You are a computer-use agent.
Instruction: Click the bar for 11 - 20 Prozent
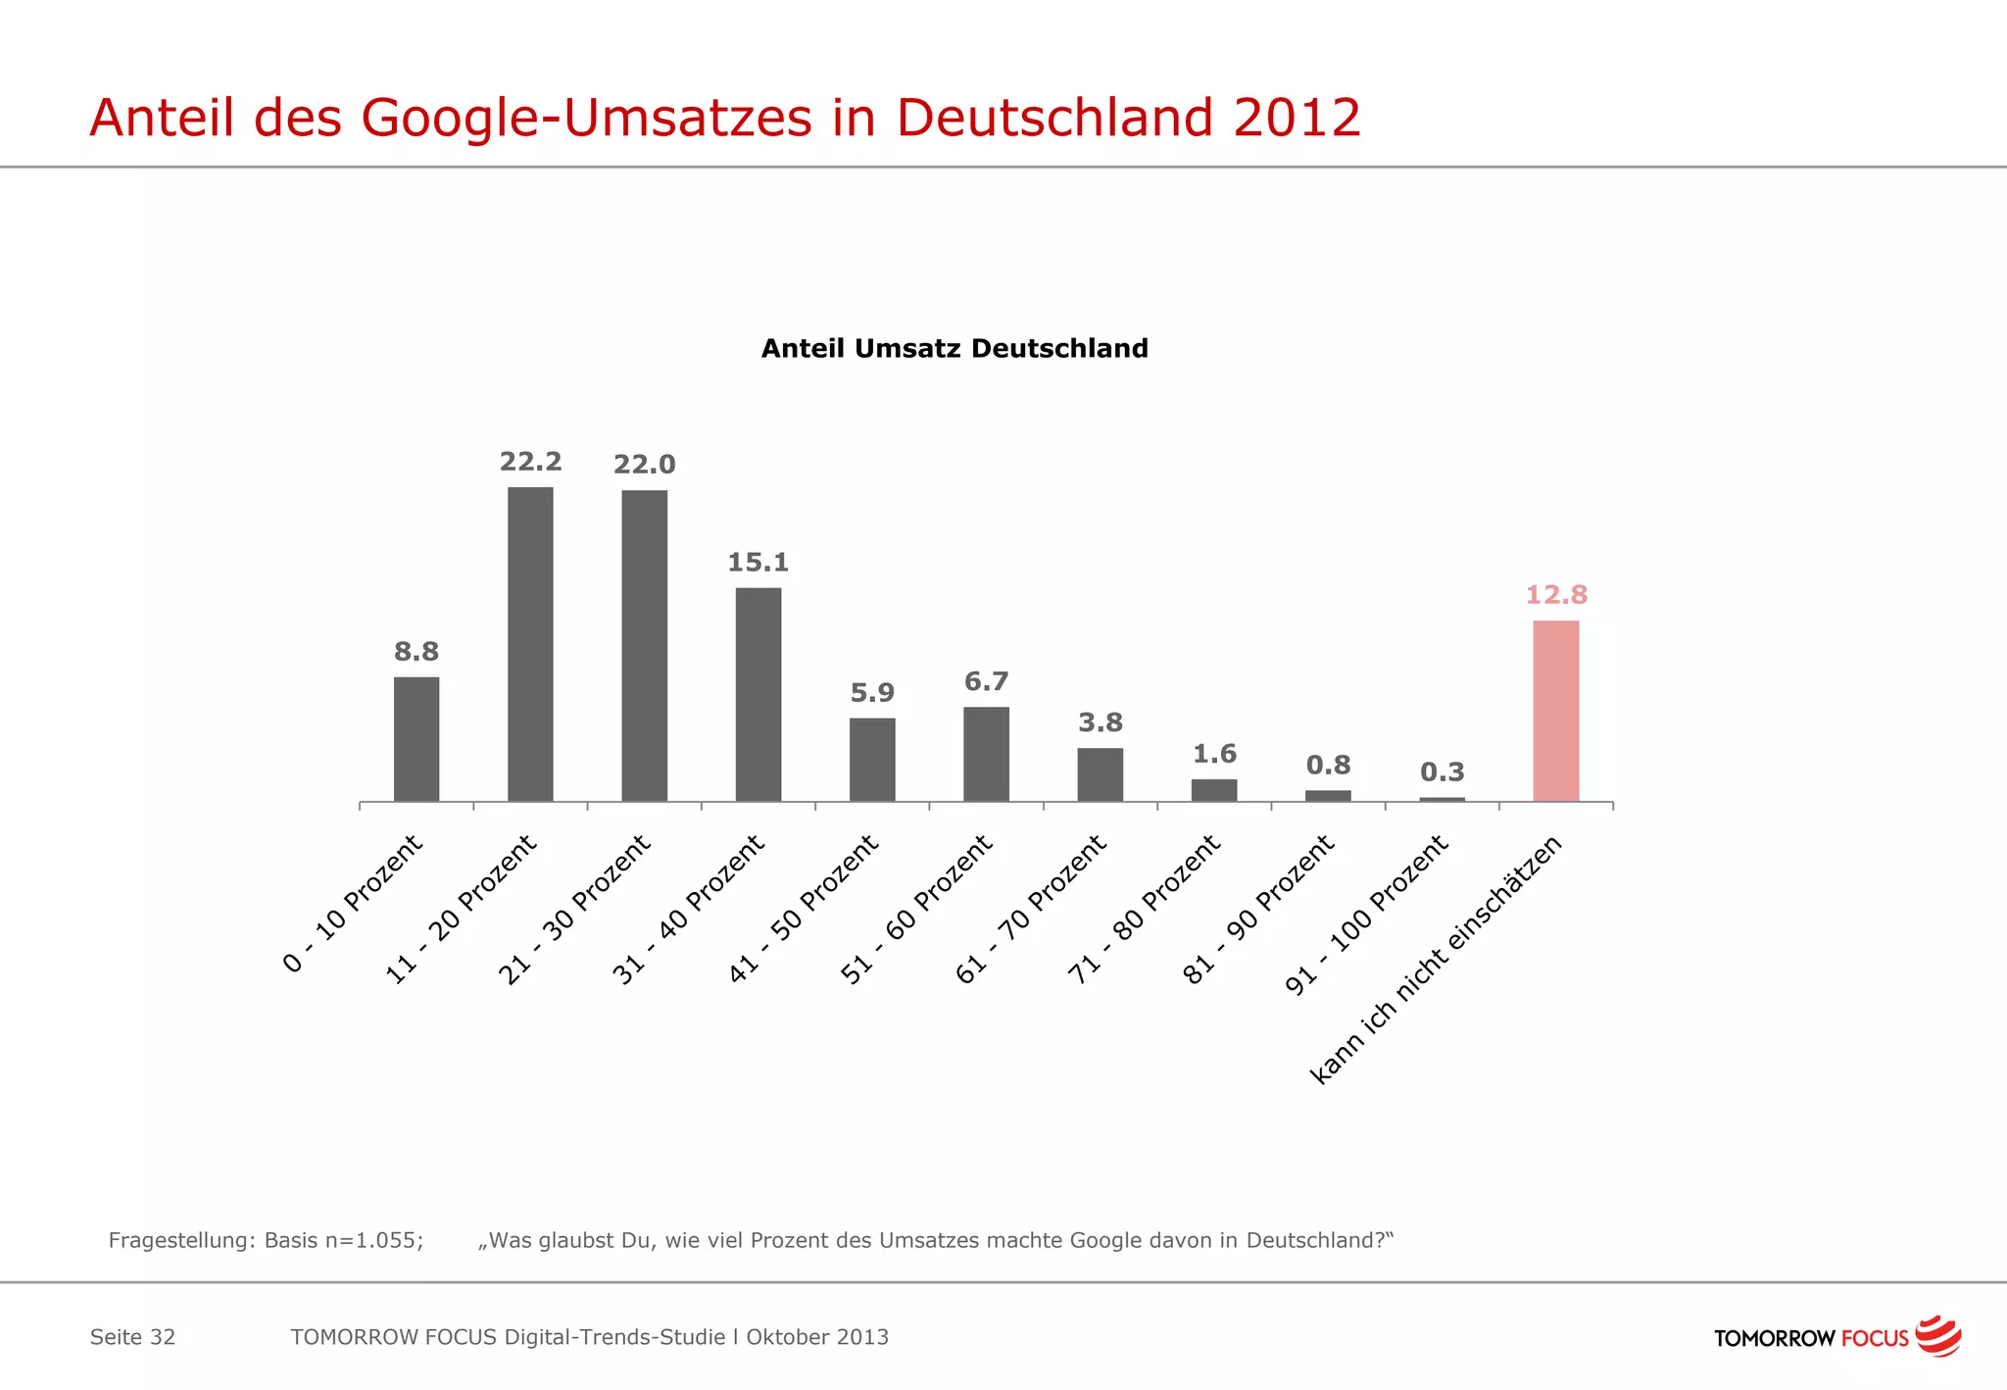point(530,644)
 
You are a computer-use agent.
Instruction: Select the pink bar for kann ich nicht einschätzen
point(1555,711)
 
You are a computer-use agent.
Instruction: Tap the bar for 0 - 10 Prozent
point(416,739)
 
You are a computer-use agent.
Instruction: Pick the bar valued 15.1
point(759,694)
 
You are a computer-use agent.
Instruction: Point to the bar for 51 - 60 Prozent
point(986,754)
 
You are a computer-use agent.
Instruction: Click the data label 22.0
point(644,465)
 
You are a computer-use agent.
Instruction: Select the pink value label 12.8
point(1556,595)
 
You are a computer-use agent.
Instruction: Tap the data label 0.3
point(1442,772)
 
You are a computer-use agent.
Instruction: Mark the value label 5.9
point(872,693)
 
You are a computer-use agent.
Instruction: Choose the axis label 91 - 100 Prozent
point(1367,914)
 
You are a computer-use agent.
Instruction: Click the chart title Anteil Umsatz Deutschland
point(955,349)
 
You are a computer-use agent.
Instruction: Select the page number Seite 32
point(132,1337)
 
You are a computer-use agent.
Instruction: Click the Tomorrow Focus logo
point(1836,1337)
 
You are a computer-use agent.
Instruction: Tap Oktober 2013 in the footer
point(817,1337)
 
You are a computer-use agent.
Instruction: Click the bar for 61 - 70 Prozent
point(1100,774)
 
